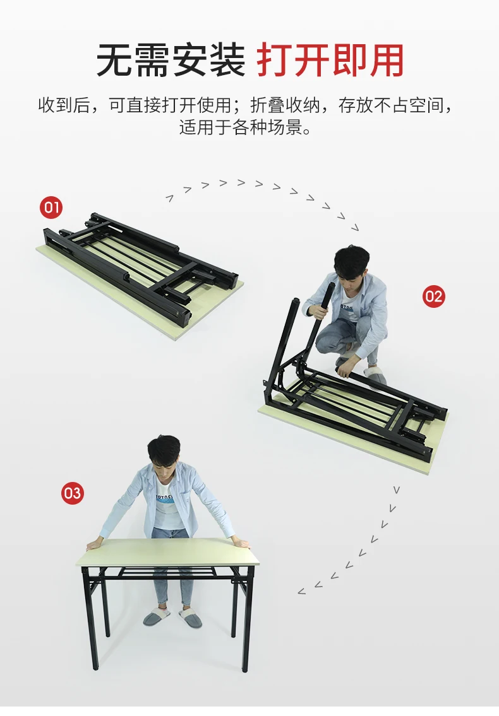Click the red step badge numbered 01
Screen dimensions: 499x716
51,208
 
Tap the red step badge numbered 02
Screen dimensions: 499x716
433,296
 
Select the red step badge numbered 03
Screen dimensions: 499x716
73,493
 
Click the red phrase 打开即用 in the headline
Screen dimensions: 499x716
330,61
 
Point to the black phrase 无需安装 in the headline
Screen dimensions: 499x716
171,61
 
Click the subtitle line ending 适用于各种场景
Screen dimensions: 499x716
246,127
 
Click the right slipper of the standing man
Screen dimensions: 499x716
190,618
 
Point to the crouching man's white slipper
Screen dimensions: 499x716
376,376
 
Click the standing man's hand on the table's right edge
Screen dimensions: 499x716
241,543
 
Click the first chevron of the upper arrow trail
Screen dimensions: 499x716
170,198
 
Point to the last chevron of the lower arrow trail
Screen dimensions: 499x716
301,591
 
